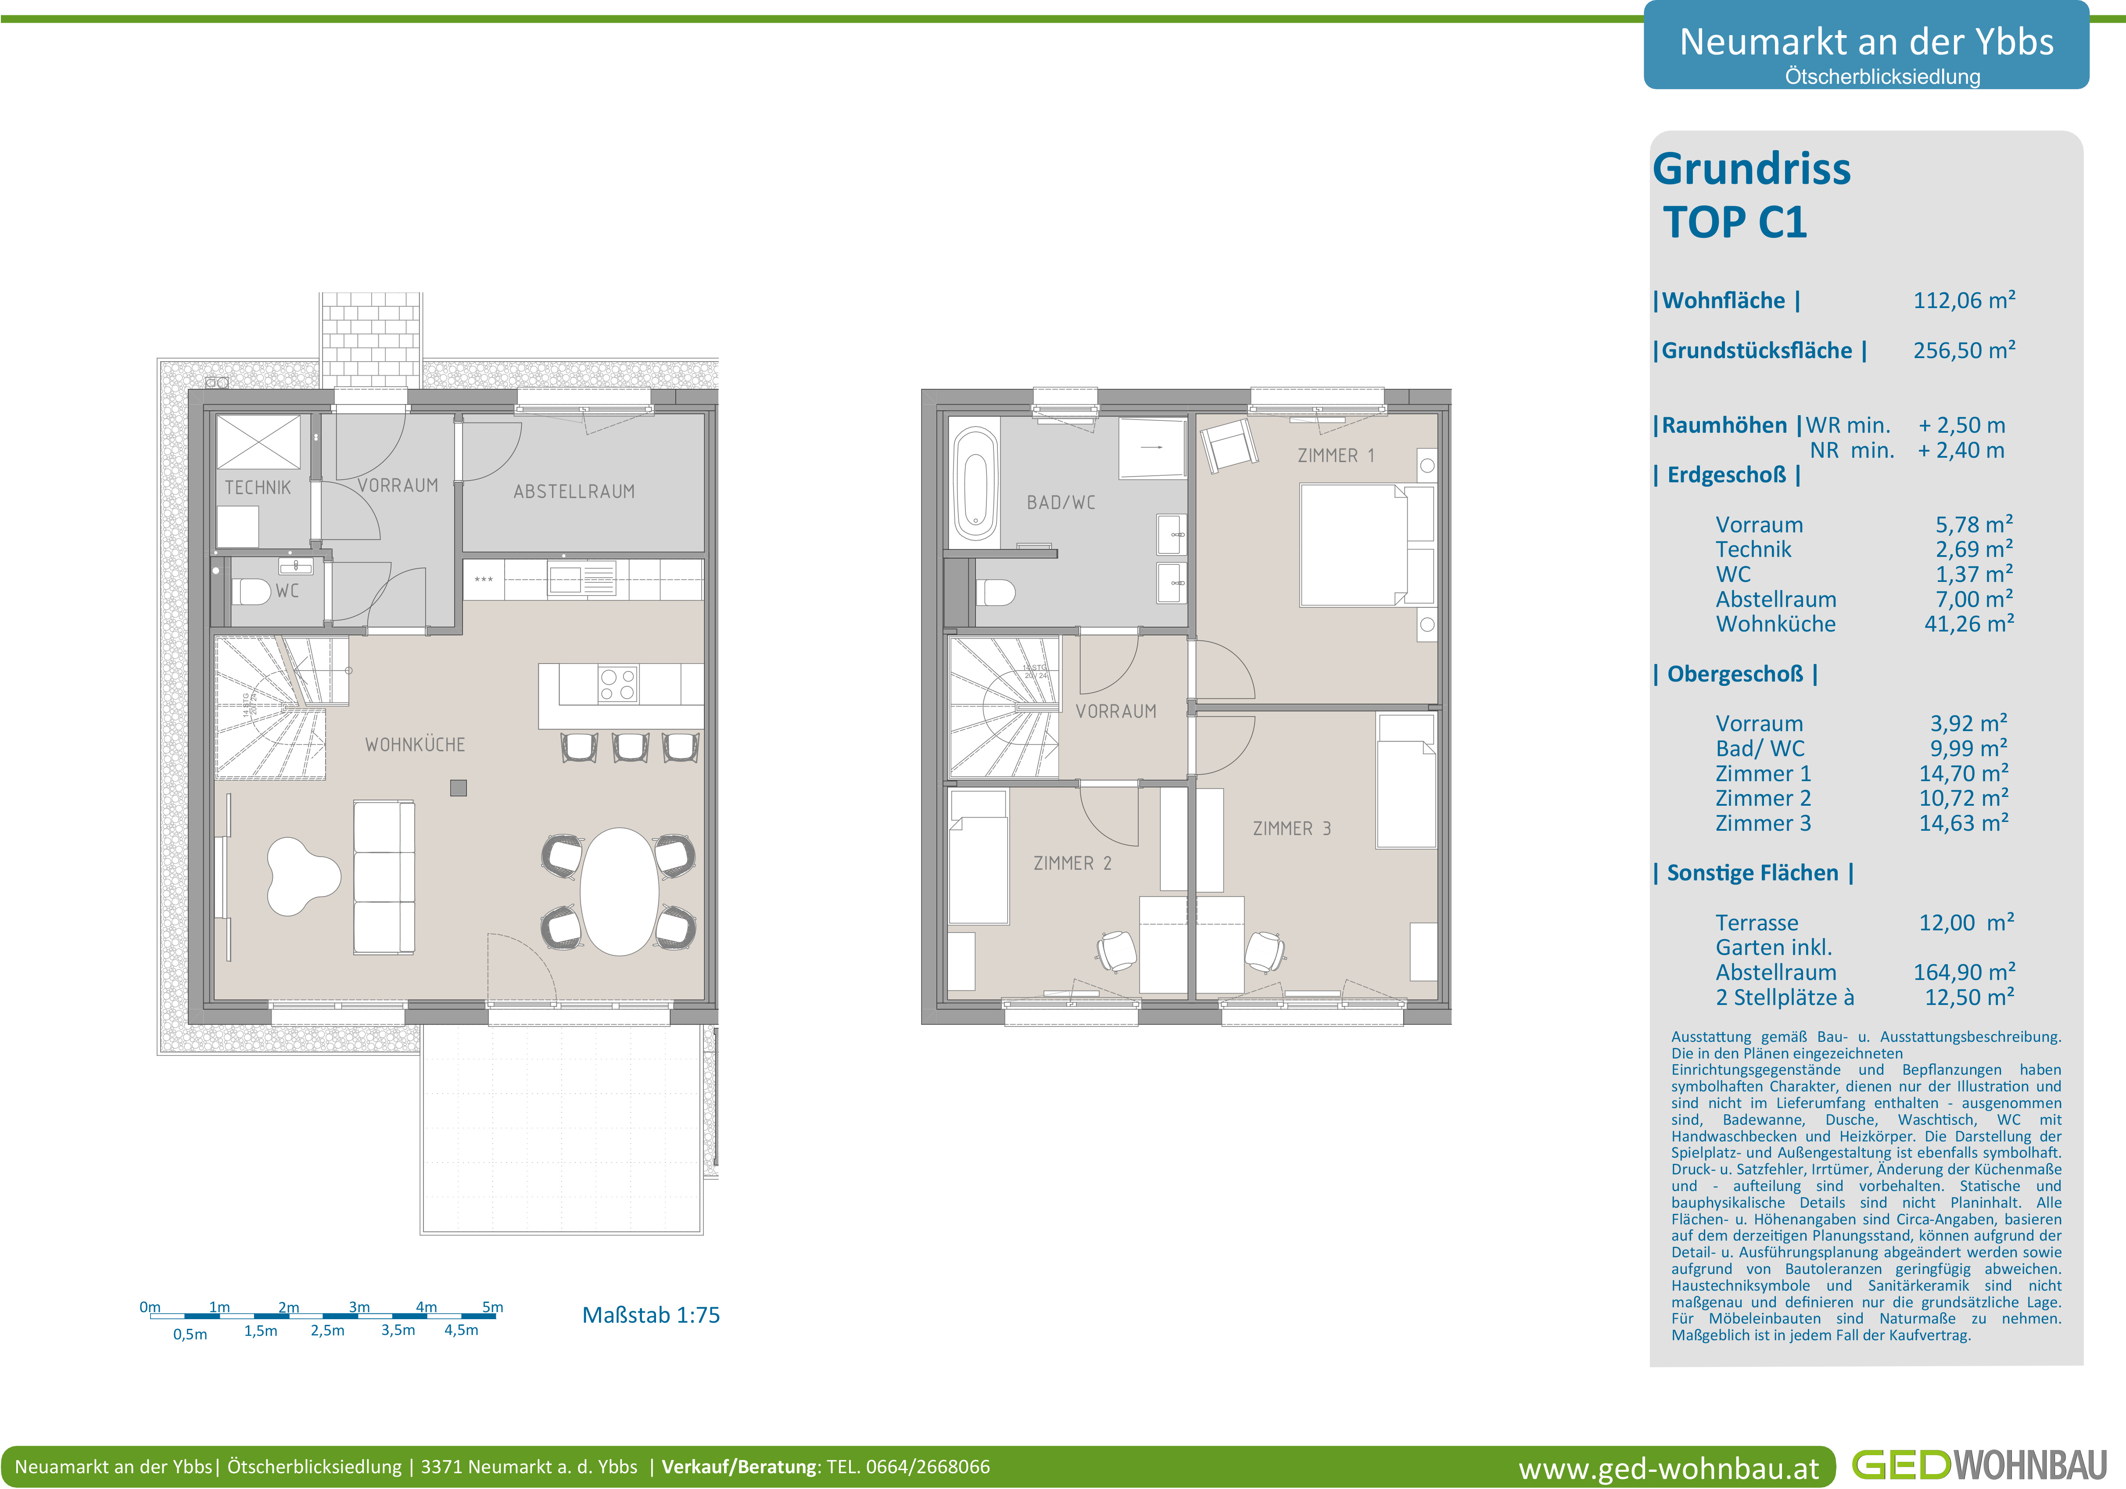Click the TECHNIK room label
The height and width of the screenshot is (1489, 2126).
258,487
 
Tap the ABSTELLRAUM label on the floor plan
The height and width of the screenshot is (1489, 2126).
574,492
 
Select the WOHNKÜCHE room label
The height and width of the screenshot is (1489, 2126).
415,744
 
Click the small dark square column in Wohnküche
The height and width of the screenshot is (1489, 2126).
459,788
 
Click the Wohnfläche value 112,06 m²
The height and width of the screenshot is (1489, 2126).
1964,300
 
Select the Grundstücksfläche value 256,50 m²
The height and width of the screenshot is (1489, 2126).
1964,350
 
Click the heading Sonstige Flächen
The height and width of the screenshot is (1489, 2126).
1753,873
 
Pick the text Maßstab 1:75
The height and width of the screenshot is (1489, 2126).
651,1315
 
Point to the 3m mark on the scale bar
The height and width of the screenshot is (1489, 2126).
359,1307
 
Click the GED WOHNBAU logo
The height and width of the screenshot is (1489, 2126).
1979,1465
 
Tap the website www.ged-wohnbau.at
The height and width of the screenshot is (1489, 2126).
1669,1469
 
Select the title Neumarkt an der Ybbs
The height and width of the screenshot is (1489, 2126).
1867,42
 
